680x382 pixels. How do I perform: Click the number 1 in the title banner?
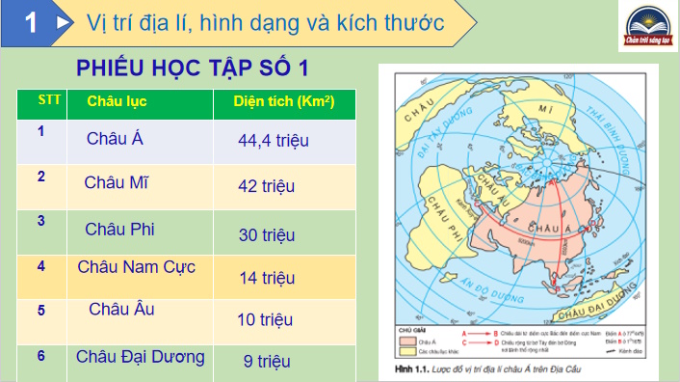click(x=31, y=22)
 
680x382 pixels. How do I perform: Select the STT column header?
click(x=46, y=100)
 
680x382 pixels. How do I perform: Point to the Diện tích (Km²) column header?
click(x=278, y=101)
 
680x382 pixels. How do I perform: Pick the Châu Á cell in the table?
click(x=115, y=138)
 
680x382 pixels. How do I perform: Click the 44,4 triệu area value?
click(x=273, y=141)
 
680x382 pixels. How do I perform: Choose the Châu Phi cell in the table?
click(x=119, y=229)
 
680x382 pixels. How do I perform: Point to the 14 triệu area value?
click(x=266, y=278)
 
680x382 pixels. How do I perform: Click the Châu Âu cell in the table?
click(x=121, y=310)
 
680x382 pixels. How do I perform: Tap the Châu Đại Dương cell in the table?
click(x=141, y=356)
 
